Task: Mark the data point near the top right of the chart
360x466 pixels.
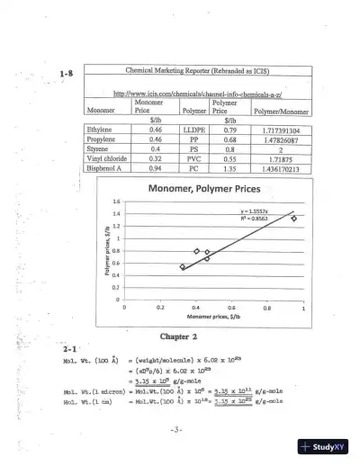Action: click(x=293, y=218)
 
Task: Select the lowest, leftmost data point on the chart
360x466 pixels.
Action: click(x=183, y=266)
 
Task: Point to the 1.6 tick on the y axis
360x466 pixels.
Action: click(x=116, y=202)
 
